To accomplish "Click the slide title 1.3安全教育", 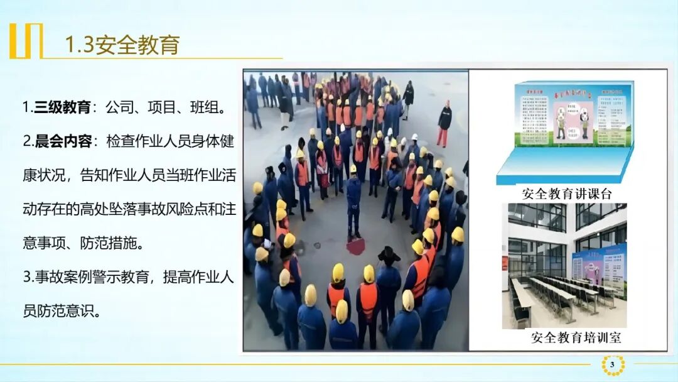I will click(x=123, y=45).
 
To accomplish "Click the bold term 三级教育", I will click(x=62, y=107).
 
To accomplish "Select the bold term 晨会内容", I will click(x=62, y=141).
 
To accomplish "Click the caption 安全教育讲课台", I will click(x=566, y=194).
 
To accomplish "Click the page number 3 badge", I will click(x=612, y=364).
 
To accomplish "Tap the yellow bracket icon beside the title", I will click(x=26, y=41).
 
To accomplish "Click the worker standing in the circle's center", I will click(x=354, y=201).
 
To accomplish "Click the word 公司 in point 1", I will click(x=121, y=107).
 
